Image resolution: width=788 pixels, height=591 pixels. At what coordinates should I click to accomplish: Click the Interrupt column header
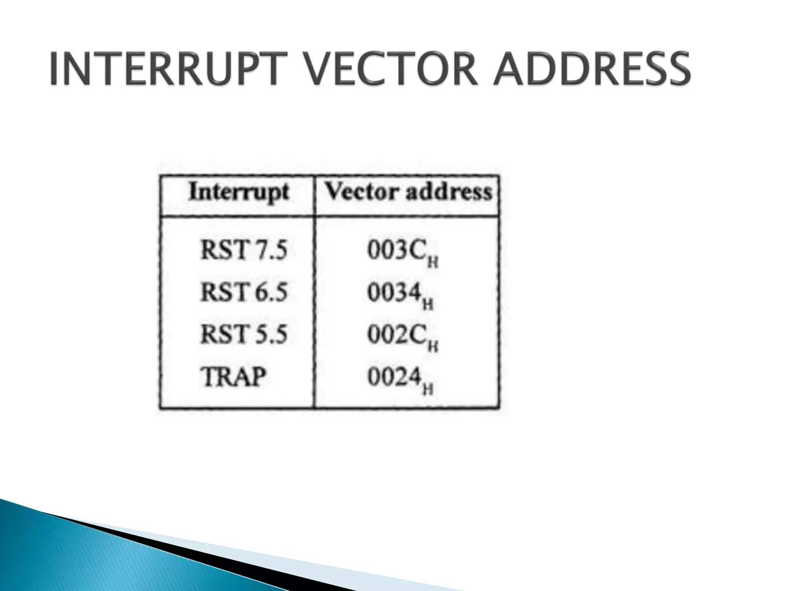[239, 192]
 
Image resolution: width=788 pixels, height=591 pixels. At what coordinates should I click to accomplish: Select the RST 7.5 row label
[244, 250]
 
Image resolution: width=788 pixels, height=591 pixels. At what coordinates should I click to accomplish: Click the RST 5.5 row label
[244, 334]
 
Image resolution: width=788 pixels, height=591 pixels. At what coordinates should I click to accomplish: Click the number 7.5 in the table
[270, 250]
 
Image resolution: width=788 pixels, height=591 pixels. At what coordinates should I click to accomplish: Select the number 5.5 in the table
[270, 334]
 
